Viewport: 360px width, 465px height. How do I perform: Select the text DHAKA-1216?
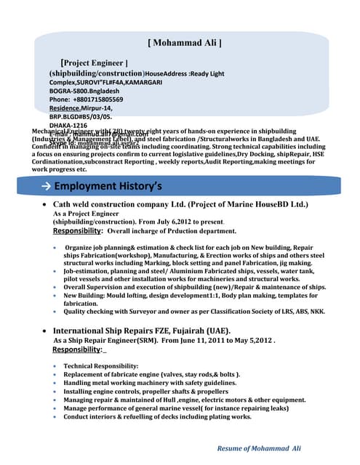click(68, 125)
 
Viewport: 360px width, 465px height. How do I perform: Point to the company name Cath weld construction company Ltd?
click(129, 205)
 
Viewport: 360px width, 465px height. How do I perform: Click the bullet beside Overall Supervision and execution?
click(57, 288)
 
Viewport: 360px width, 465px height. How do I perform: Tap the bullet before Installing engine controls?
click(57, 391)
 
